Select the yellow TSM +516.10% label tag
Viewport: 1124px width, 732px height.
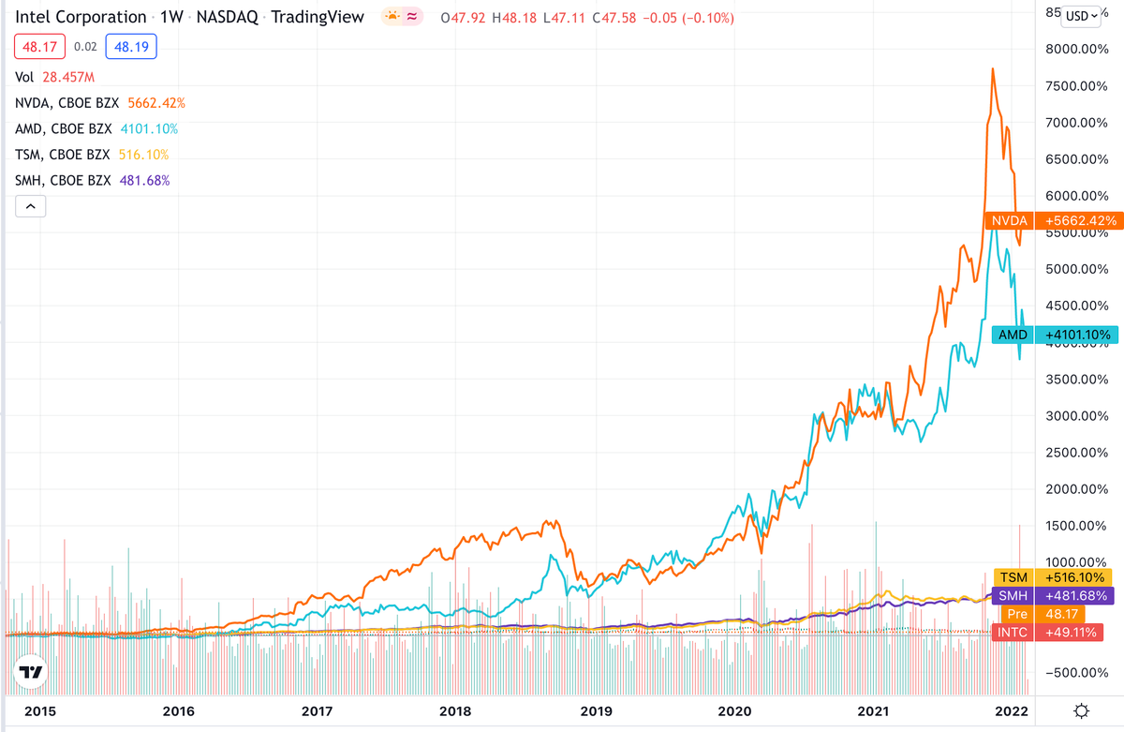pyautogui.click(x=1052, y=577)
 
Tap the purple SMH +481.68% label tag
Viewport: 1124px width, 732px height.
pyautogui.click(x=1052, y=596)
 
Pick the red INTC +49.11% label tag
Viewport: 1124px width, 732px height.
pyautogui.click(x=1052, y=633)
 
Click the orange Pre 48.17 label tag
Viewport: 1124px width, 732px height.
pyautogui.click(x=1052, y=615)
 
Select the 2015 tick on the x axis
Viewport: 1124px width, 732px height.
pyautogui.click(x=38, y=711)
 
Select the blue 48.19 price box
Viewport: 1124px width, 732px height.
pyautogui.click(x=131, y=45)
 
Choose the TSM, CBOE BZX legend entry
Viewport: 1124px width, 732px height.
pyautogui.click(x=92, y=155)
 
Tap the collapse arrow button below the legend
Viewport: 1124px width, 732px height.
pyautogui.click(x=30, y=206)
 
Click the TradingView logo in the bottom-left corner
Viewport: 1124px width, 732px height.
pyautogui.click(x=31, y=673)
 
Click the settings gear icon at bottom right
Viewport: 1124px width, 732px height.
pyautogui.click(x=1082, y=710)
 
